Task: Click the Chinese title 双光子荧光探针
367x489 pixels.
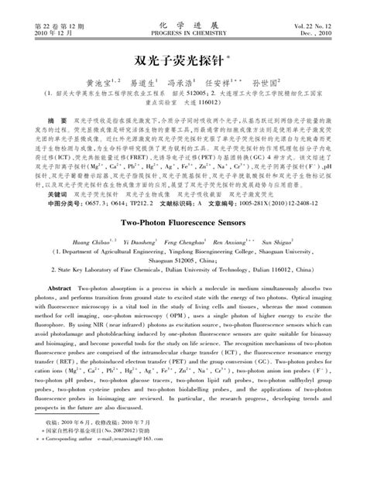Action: click(183, 60)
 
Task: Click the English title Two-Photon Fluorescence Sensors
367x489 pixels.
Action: click(183, 221)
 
